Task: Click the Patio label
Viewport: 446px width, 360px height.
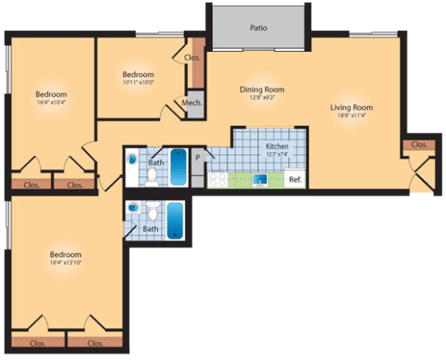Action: [259, 28]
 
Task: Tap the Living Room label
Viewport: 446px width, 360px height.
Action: [352, 108]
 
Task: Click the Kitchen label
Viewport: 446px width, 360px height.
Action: [277, 146]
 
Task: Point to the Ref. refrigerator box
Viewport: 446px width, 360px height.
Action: [295, 180]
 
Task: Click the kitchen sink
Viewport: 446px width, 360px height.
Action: [261, 181]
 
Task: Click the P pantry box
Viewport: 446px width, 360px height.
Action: [197, 158]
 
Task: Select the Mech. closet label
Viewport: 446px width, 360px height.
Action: [192, 103]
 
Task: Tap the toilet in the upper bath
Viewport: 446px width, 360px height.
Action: [153, 178]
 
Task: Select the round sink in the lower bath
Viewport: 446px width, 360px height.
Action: [132, 208]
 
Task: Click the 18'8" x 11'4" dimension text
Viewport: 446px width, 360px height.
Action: [352, 117]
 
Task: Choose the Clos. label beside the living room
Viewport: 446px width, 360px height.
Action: [419, 145]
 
